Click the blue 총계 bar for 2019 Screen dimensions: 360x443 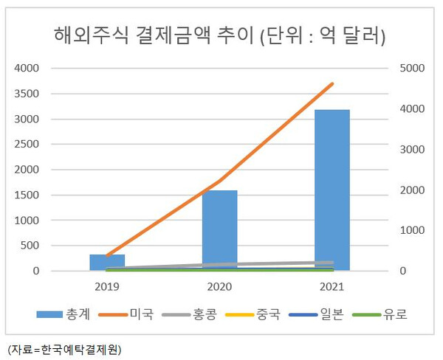click(x=107, y=263)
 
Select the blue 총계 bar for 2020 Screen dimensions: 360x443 click(x=219, y=230)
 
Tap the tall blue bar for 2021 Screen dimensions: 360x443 click(x=332, y=190)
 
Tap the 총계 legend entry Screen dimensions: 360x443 click(x=67, y=315)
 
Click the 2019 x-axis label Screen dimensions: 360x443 click(x=107, y=285)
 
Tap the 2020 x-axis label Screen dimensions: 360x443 click(x=219, y=285)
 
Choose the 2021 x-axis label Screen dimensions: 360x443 click(x=332, y=285)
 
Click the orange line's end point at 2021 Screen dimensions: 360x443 click(x=332, y=84)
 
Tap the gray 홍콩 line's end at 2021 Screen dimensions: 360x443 click(x=332, y=262)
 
